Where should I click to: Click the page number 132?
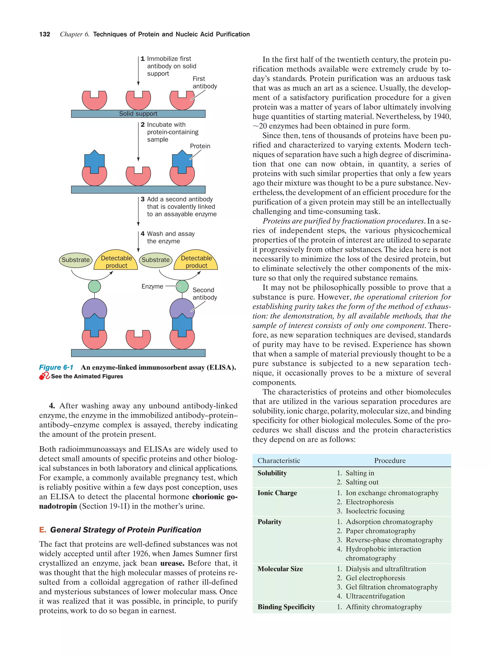pyautogui.click(x=45, y=34)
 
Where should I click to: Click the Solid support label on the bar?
pyautogui.click(x=138, y=114)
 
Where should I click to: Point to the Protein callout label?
pyautogui.click(x=200, y=146)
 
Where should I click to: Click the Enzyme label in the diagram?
pyautogui.click(x=152, y=286)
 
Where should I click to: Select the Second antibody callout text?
pyautogui.click(x=205, y=294)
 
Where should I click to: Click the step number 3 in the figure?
pyautogui.click(x=143, y=199)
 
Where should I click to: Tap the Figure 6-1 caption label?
pyautogui.click(x=56, y=368)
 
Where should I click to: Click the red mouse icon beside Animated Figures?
pyautogui.click(x=44, y=376)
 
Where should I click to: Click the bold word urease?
pyautogui.click(x=172, y=563)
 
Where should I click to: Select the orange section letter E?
pyautogui.click(x=42, y=530)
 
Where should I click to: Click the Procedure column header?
pyautogui.click(x=390, y=460)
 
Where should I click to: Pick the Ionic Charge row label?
pyautogui.click(x=277, y=493)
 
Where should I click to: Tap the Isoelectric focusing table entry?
pyautogui.click(x=375, y=511)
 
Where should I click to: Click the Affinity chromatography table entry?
pyautogui.click(x=383, y=607)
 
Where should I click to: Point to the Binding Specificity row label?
pyautogui.click(x=286, y=607)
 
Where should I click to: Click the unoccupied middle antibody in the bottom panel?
pyautogui.click(x=138, y=339)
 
